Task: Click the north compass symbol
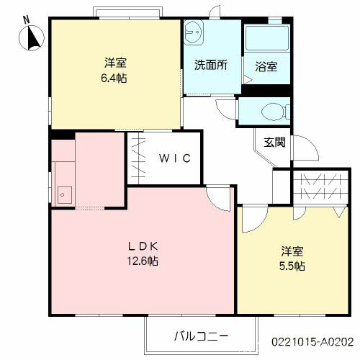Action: pyautogui.click(x=32, y=38)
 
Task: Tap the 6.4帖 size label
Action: pyautogui.click(x=114, y=78)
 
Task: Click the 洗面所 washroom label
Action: pyautogui.click(x=211, y=65)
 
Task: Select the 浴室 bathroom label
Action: pyautogui.click(x=266, y=66)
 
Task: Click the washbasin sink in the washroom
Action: pyautogui.click(x=194, y=32)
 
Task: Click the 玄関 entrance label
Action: pyautogui.click(x=275, y=143)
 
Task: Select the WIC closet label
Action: pyautogui.click(x=175, y=158)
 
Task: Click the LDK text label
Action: pyautogui.click(x=143, y=246)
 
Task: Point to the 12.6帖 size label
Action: pyautogui.click(x=143, y=261)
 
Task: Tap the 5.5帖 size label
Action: pyautogui.click(x=292, y=266)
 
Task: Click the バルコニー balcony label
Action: pyautogui.click(x=201, y=336)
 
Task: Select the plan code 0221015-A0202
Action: pyautogui.click(x=312, y=342)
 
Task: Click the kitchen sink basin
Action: pyautogui.click(x=63, y=195)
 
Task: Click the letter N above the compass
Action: pyautogui.click(x=27, y=19)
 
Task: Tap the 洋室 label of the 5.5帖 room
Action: pyautogui.click(x=292, y=251)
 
